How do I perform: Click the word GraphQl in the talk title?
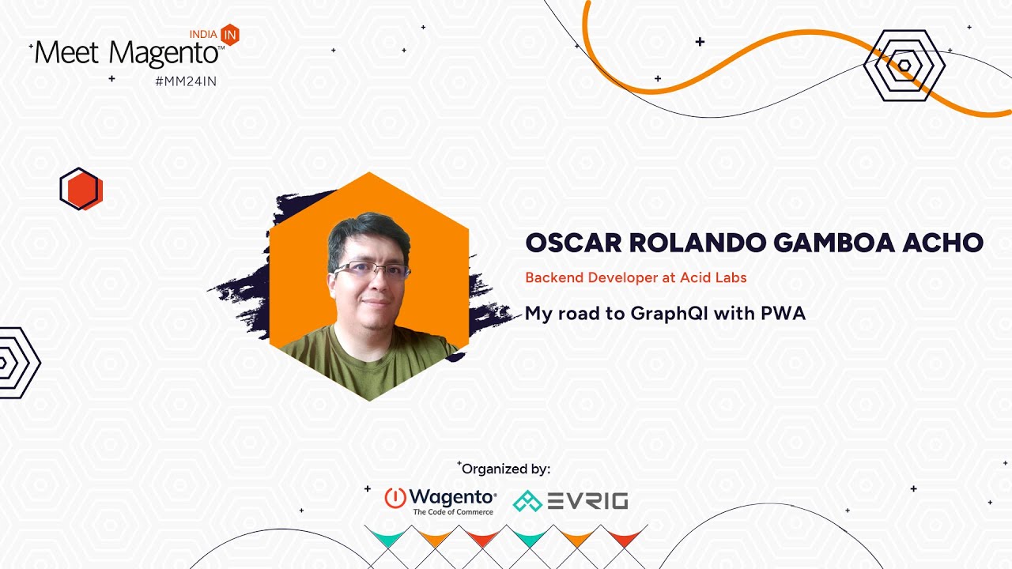669,314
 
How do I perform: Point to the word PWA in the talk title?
784,313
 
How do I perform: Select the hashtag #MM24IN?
186,81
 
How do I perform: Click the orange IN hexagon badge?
230,35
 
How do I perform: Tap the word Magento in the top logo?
164,53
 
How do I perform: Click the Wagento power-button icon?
395,498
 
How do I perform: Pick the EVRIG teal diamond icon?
527,501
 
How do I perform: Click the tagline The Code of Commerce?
453,511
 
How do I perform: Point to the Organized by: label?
505,469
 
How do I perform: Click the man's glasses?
372,270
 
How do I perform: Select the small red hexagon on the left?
81,189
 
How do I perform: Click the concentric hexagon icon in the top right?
904,66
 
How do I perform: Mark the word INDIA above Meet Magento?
203,34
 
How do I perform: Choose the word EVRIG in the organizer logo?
587,501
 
